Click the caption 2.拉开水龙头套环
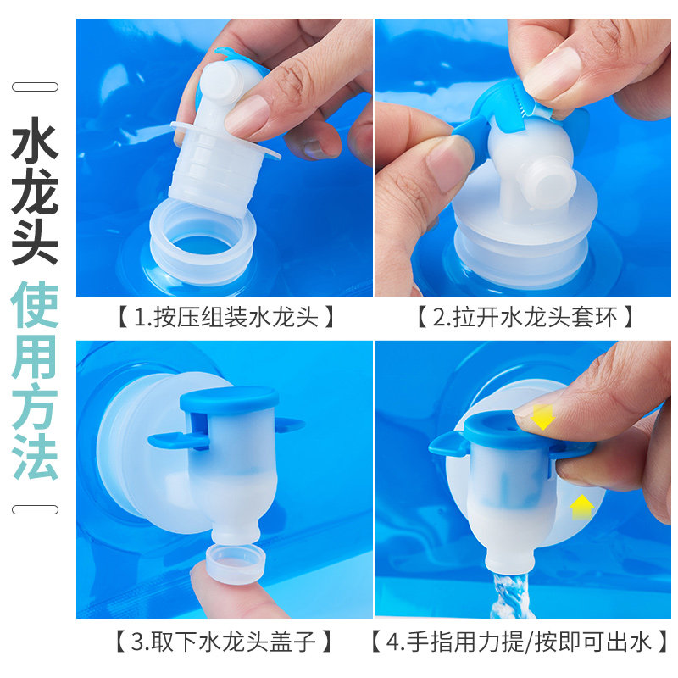[525, 318]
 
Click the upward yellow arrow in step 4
[581, 506]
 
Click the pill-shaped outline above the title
[35, 86]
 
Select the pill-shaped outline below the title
[35, 508]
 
